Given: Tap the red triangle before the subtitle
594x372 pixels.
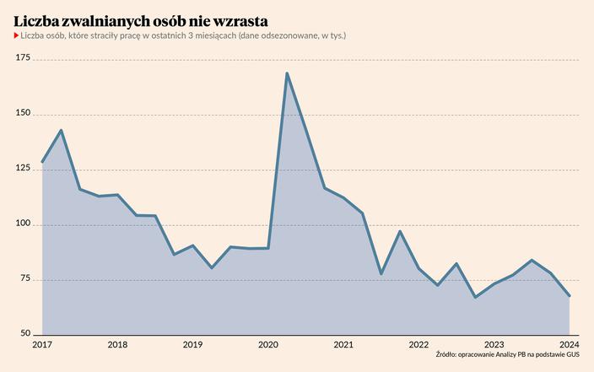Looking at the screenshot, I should tap(16, 35).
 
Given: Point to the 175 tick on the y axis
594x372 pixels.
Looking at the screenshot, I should tap(23, 58).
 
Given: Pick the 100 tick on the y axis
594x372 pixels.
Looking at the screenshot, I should tap(23, 224).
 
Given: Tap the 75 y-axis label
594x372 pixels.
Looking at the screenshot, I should tap(25, 279).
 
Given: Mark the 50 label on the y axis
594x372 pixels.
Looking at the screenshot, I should tap(25, 334).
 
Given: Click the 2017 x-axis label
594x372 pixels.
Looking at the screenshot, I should tap(42, 345).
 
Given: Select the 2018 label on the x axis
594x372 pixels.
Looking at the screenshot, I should tap(117, 345).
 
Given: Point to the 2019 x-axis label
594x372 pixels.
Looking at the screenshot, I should tap(192, 345).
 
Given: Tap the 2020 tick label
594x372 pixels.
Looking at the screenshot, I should tap(268, 345).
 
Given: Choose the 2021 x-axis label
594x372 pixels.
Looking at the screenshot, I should tap(343, 345).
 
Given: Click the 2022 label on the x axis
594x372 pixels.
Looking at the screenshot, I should tap(418, 345).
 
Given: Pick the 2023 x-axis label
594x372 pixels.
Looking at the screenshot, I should tap(494, 345).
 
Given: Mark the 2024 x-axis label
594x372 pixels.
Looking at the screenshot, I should tap(570, 345).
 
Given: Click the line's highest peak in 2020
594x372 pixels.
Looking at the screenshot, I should tap(287, 73).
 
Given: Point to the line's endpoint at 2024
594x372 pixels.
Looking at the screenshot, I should tap(570, 296).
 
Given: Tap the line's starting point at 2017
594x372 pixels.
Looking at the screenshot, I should tap(42, 162).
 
